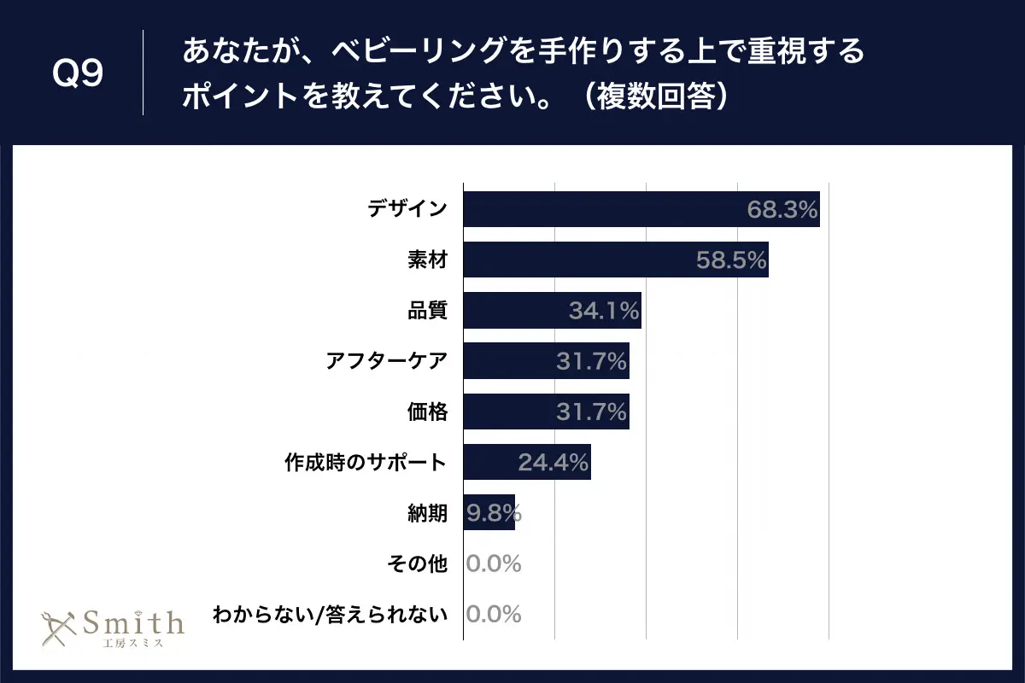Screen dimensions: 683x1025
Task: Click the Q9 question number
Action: [x=78, y=74]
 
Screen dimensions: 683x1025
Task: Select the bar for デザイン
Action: [x=598, y=209]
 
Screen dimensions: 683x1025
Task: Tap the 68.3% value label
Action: [x=782, y=209]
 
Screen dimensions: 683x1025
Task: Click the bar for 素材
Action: [x=581, y=260]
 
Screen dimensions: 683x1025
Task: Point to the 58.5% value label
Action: [x=731, y=260]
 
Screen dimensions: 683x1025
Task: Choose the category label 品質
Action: [x=427, y=311]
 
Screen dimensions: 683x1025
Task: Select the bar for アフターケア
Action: [x=512, y=361]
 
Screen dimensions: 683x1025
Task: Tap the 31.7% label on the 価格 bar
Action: [x=592, y=412]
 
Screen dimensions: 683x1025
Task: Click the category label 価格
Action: [x=427, y=412]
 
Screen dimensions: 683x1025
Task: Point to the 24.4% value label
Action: [x=553, y=463]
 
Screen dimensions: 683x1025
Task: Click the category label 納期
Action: [x=427, y=513]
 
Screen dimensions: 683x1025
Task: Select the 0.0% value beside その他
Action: [x=494, y=563]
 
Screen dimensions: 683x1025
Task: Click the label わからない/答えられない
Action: [x=331, y=615]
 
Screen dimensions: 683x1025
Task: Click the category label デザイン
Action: [x=407, y=209]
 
